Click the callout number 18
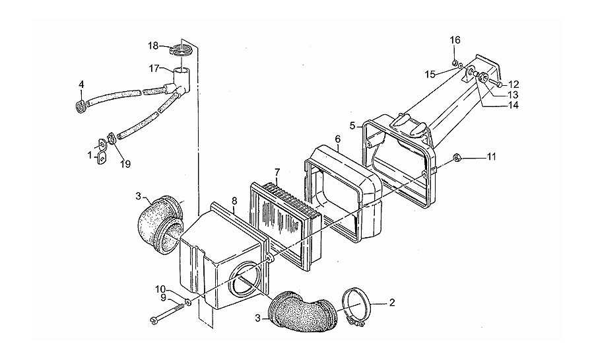153,46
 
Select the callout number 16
455,40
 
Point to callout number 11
491,157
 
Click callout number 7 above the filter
277,172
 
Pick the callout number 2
392,303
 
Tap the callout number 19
125,164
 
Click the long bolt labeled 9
167,312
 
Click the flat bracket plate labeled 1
102,151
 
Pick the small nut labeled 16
454,63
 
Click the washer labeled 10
187,302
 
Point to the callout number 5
352,126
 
